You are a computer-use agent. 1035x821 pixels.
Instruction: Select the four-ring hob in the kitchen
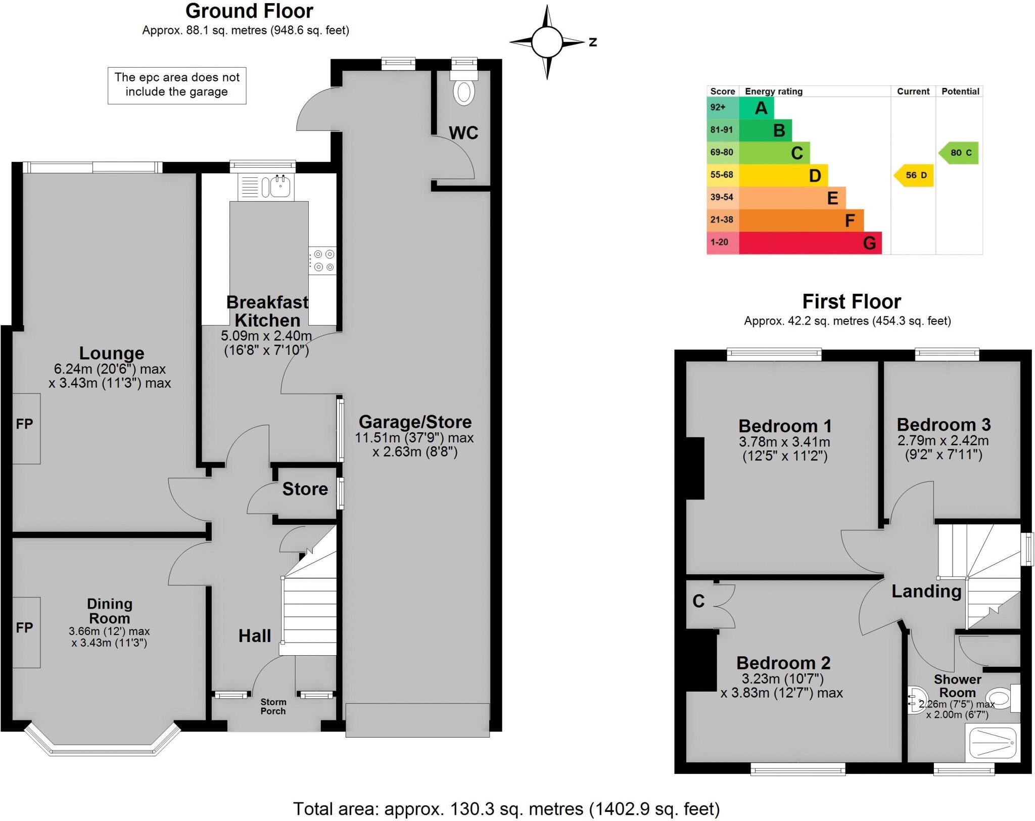click(323, 260)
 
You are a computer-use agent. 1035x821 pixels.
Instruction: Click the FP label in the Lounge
click(24, 424)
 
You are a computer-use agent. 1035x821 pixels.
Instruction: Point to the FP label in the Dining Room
click(24, 627)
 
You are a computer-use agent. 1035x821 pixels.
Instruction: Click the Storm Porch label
click(273, 706)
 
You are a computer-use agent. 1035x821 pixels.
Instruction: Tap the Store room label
click(305, 489)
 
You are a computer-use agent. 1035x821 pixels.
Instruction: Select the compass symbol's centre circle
click(547, 42)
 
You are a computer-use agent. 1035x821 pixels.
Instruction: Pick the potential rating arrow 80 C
click(960, 153)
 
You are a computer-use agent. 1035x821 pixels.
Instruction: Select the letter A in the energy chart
click(761, 108)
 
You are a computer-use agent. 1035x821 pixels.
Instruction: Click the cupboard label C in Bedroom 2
click(698, 601)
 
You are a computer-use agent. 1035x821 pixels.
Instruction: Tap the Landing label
click(926, 591)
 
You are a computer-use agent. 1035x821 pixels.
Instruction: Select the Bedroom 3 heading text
click(944, 425)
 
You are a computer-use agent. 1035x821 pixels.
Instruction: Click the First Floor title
click(852, 302)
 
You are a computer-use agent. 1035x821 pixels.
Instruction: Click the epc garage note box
click(177, 85)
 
